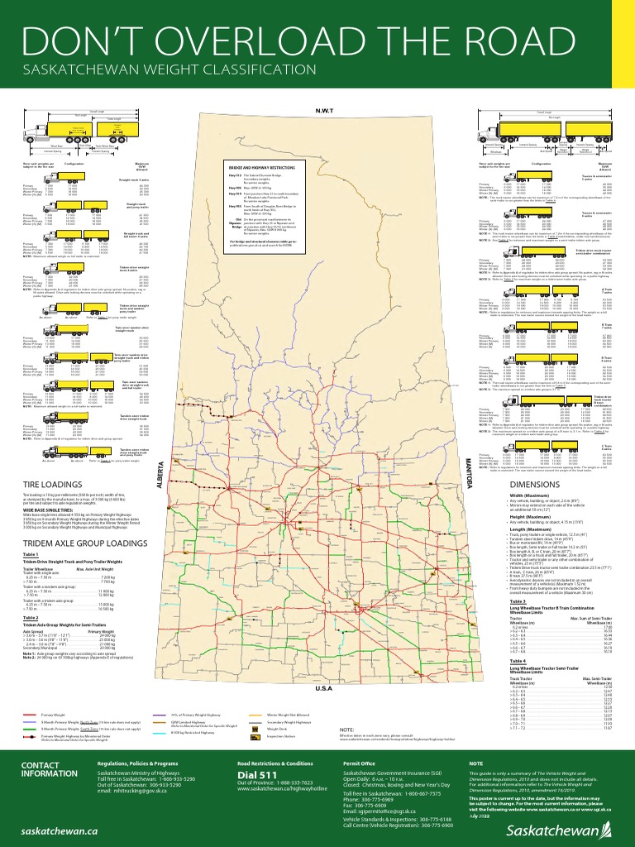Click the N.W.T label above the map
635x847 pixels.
(x=322, y=110)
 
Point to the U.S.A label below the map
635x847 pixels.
(x=322, y=687)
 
